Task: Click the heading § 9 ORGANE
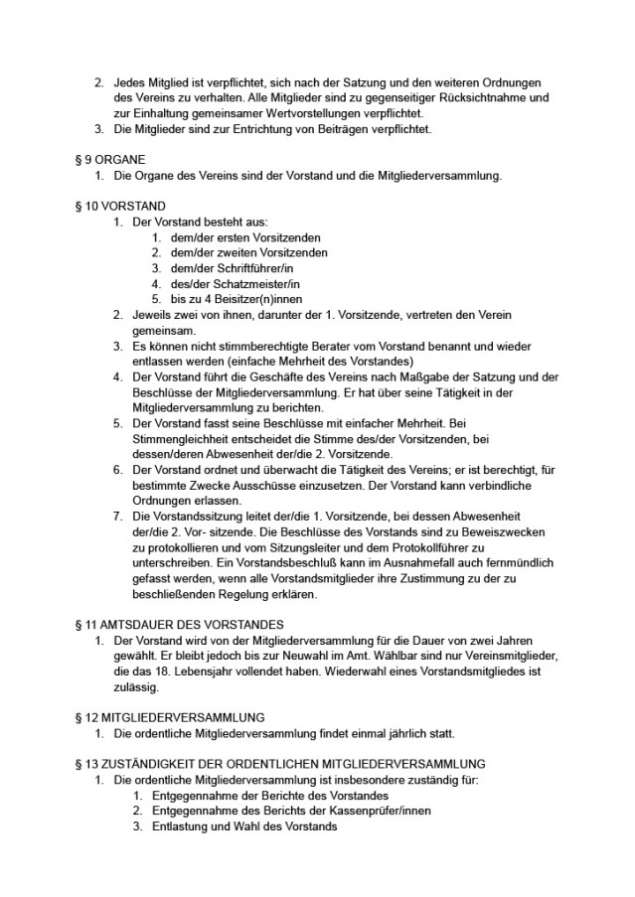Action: [109, 159]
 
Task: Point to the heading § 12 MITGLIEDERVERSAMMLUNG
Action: [168, 717]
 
